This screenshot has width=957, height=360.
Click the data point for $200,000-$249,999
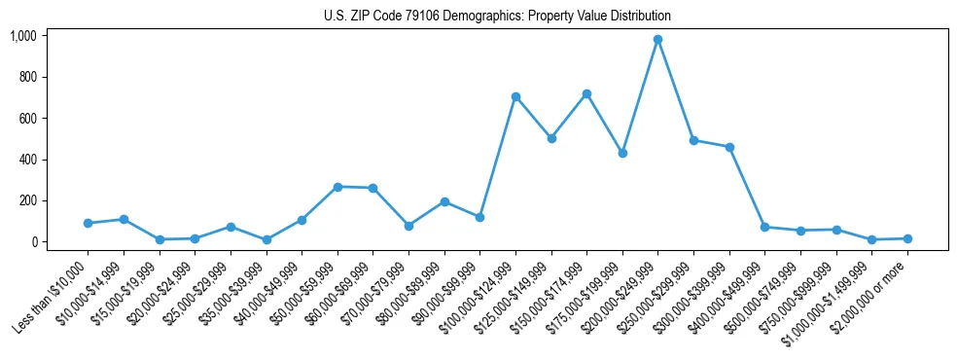point(657,39)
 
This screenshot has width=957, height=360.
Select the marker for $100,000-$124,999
point(515,96)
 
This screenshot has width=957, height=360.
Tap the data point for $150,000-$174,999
point(586,93)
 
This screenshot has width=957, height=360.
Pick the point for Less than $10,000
point(88,223)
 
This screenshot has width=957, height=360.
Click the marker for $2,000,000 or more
point(907,238)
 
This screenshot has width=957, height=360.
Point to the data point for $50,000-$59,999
point(337,187)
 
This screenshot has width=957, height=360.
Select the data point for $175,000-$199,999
point(622,153)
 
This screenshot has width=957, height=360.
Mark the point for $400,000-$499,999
point(764,227)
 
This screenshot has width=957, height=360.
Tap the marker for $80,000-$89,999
point(444,201)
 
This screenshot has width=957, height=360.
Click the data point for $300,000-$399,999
point(729,147)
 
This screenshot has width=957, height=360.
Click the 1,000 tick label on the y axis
point(22,36)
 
